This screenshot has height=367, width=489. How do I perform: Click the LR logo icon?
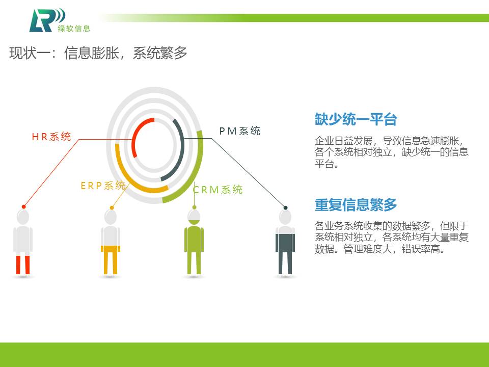coord(47,20)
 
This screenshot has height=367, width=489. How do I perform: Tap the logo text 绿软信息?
coord(74,29)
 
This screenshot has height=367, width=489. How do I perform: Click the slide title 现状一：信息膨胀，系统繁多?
coord(98,53)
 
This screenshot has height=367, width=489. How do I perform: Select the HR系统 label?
coord(51,137)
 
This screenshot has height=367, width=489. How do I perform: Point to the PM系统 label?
coord(239,131)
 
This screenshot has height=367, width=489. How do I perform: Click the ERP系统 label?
coord(103,186)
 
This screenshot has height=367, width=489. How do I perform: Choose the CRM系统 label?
coord(218,190)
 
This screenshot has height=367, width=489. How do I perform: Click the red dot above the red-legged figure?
coord(24,206)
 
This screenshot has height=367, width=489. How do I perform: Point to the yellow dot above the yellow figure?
coord(112,207)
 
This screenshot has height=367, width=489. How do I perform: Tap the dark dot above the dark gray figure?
coord(285,207)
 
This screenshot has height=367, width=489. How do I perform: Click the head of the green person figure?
coord(194,217)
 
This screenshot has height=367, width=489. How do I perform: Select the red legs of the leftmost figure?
coord(23,265)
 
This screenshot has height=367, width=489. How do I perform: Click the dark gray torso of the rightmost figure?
coord(285,243)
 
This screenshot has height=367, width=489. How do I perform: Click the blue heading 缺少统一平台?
coord(356,119)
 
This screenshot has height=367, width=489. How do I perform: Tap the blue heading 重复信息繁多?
coord(356,205)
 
